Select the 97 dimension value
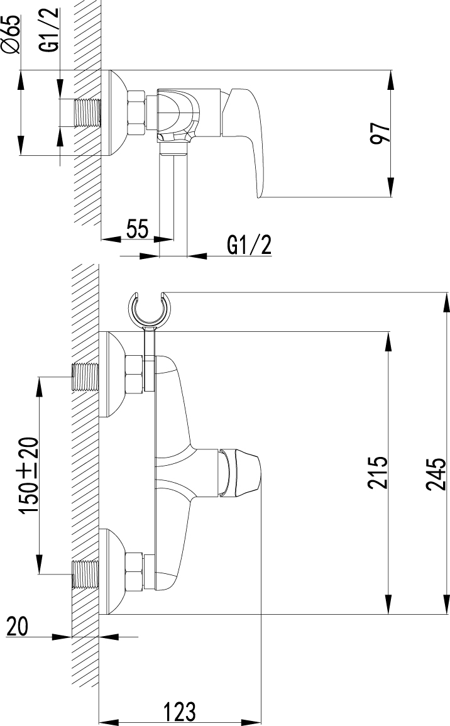(381, 134)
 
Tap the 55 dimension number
(137, 229)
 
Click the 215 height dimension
(377, 473)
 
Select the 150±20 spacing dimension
(29, 475)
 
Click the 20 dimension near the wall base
(17, 627)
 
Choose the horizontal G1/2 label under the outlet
(249, 245)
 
